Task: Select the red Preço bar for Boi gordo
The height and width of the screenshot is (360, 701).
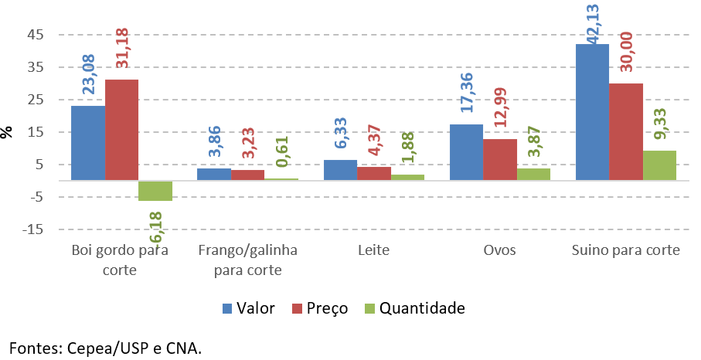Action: [121, 130]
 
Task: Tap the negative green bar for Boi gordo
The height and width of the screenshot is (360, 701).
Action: [155, 191]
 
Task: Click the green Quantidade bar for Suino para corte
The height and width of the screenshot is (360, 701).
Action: [659, 165]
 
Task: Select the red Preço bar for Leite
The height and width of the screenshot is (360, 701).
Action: [373, 173]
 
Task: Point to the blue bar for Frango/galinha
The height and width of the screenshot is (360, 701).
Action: [214, 175]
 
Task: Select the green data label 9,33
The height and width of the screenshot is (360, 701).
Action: [660, 125]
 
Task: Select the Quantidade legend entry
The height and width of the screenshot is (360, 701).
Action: [417, 308]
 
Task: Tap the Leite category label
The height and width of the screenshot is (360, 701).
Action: [373, 251]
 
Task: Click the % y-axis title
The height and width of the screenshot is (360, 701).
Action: [8, 132]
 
